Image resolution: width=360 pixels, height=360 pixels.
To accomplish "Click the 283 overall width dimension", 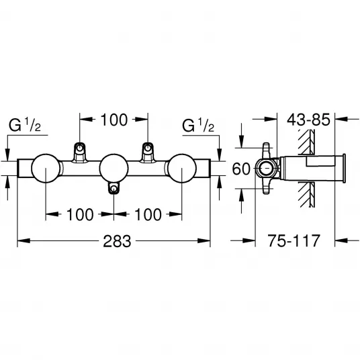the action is (x=117, y=241).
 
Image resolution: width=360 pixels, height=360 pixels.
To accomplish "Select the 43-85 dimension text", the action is (x=308, y=120).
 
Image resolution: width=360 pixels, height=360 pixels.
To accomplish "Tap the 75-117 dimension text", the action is (x=294, y=240).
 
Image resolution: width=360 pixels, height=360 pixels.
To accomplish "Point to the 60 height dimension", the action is (x=241, y=169).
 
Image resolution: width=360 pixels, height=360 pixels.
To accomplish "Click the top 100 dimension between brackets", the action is (x=114, y=120).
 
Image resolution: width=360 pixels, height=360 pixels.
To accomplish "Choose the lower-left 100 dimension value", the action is (x=80, y=215).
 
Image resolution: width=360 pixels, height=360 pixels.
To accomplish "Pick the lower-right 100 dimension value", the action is (x=148, y=215).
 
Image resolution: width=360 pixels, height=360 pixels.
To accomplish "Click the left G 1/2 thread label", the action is (x=25, y=125).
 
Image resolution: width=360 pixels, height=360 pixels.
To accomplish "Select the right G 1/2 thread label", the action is (x=198, y=125).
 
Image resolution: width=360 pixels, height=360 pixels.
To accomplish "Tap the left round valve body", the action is (x=46, y=169).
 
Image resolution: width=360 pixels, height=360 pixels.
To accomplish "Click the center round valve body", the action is (x=114, y=169).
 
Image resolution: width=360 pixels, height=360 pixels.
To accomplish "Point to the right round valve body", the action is (x=182, y=169).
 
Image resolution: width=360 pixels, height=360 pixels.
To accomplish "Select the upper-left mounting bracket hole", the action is (x=80, y=148).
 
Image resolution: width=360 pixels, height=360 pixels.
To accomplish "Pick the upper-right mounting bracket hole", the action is (x=148, y=148).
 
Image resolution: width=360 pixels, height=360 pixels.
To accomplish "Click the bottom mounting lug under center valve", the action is (x=114, y=188).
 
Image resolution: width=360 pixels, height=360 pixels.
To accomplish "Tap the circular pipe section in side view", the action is (x=267, y=169).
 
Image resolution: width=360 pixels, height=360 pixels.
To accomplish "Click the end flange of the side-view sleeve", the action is (x=344, y=169).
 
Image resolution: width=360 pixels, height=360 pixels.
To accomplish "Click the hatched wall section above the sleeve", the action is (x=306, y=142).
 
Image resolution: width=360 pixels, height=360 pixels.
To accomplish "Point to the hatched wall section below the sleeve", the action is (x=306, y=195).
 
